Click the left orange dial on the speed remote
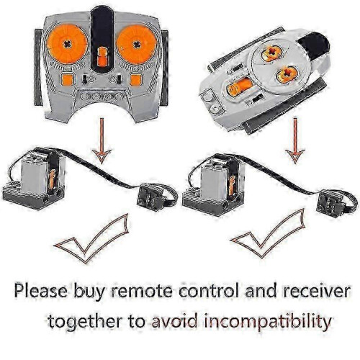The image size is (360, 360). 67,44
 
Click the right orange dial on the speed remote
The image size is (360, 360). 137,45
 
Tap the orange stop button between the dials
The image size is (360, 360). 102,57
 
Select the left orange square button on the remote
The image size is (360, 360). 67,80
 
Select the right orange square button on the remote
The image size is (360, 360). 136,80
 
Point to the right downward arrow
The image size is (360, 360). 295,140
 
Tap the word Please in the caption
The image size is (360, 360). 41,291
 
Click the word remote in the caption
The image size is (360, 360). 142,291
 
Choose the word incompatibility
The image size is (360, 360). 268,322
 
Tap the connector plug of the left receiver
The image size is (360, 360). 150,198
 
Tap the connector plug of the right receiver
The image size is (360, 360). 330,204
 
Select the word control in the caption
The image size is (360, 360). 209,291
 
